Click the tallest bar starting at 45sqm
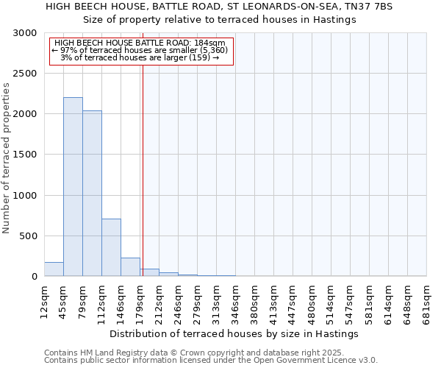click(x=73, y=187)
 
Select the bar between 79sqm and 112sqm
click(x=92, y=194)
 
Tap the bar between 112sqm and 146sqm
click(x=111, y=247)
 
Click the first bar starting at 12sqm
click(x=54, y=269)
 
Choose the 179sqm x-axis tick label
click(x=140, y=300)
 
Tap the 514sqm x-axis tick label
click(x=331, y=300)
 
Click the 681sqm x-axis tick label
click(x=426, y=300)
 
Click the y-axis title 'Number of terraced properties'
click(x=7, y=158)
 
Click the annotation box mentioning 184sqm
click(x=140, y=50)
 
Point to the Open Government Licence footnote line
click(x=211, y=361)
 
